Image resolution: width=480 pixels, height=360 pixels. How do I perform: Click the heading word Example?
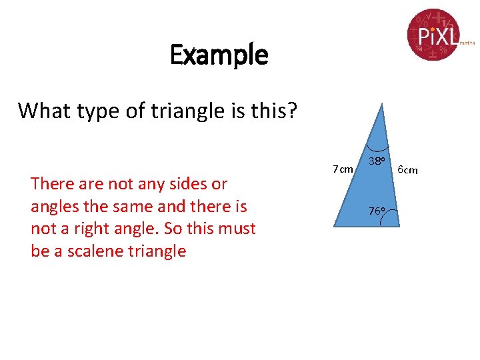point(219,55)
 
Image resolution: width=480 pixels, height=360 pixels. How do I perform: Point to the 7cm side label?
point(343,169)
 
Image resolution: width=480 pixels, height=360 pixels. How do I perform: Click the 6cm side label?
point(407,170)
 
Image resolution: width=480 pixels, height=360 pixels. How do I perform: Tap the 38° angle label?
point(378,162)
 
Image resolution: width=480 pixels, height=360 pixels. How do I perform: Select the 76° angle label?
point(377,211)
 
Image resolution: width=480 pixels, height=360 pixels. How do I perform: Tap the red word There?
point(54,183)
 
